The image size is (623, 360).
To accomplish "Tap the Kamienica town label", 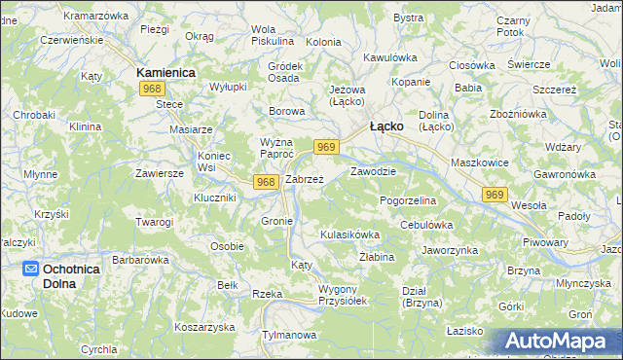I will [x=165, y=72].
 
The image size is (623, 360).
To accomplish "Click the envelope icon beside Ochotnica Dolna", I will [x=31, y=269].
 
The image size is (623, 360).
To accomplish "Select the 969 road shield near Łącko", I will [x=326, y=147].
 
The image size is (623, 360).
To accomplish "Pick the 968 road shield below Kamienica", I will [x=151, y=89].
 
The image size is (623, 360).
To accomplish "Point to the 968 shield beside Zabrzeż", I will [x=266, y=182].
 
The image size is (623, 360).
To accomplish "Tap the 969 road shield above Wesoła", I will [x=495, y=196].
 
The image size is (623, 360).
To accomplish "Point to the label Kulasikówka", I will [x=349, y=235].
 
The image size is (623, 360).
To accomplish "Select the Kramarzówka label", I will [x=95, y=17].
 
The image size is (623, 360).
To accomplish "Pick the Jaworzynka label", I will [x=449, y=250].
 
